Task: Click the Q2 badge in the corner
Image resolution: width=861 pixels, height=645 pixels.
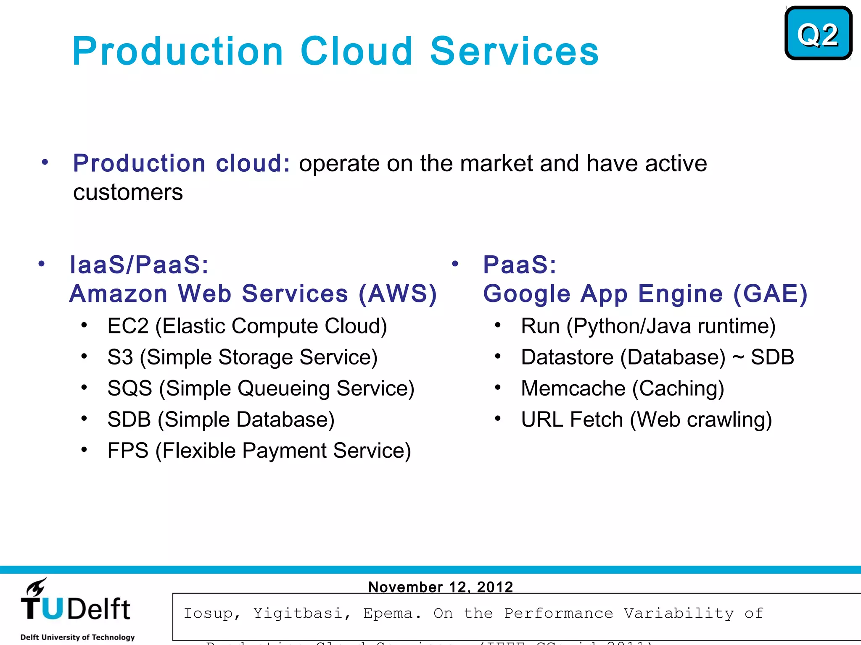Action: (818, 34)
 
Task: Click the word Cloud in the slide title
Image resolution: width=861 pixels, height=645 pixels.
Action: (356, 51)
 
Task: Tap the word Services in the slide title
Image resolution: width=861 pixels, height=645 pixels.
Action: (514, 51)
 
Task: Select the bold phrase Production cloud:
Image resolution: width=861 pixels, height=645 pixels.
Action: (181, 163)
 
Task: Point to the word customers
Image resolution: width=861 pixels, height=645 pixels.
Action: (128, 193)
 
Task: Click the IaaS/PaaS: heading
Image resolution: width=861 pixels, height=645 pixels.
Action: (139, 265)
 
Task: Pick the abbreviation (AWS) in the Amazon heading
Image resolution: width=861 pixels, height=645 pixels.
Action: (398, 294)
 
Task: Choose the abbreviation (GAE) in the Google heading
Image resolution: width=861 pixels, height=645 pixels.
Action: (770, 294)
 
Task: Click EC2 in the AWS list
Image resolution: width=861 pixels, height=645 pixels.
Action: (128, 326)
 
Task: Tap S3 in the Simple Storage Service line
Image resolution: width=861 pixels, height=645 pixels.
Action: (120, 357)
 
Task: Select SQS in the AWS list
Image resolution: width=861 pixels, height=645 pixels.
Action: (129, 388)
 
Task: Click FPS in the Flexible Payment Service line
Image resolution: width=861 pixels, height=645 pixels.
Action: (128, 451)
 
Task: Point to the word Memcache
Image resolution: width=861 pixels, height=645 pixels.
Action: (573, 388)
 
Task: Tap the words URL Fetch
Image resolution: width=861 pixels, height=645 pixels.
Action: (572, 420)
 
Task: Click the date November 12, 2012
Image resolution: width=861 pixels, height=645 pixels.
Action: (440, 587)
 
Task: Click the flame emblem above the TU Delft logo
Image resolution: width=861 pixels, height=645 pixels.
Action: (36, 587)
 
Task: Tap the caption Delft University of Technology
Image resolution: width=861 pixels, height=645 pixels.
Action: (77, 637)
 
